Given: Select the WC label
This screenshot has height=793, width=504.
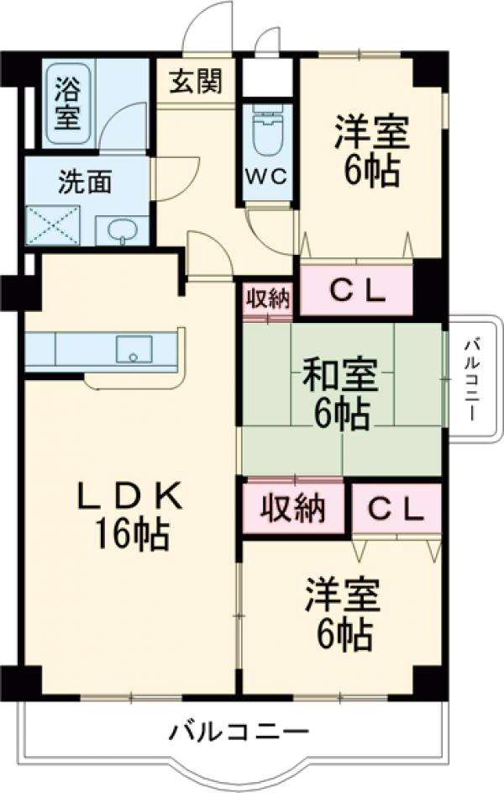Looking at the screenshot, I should click(267, 177).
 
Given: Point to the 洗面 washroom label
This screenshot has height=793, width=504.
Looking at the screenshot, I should click(84, 182).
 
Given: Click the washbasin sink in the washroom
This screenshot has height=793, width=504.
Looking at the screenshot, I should click(122, 229).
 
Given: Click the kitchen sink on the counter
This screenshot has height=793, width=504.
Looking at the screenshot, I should click(134, 349).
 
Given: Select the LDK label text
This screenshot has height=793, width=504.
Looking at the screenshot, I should click(130, 498).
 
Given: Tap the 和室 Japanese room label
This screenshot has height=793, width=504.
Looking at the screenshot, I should click(340, 375).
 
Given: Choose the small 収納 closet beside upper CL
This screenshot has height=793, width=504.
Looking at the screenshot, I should click(268, 299).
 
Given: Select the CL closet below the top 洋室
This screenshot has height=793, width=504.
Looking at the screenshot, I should click(356, 292).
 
